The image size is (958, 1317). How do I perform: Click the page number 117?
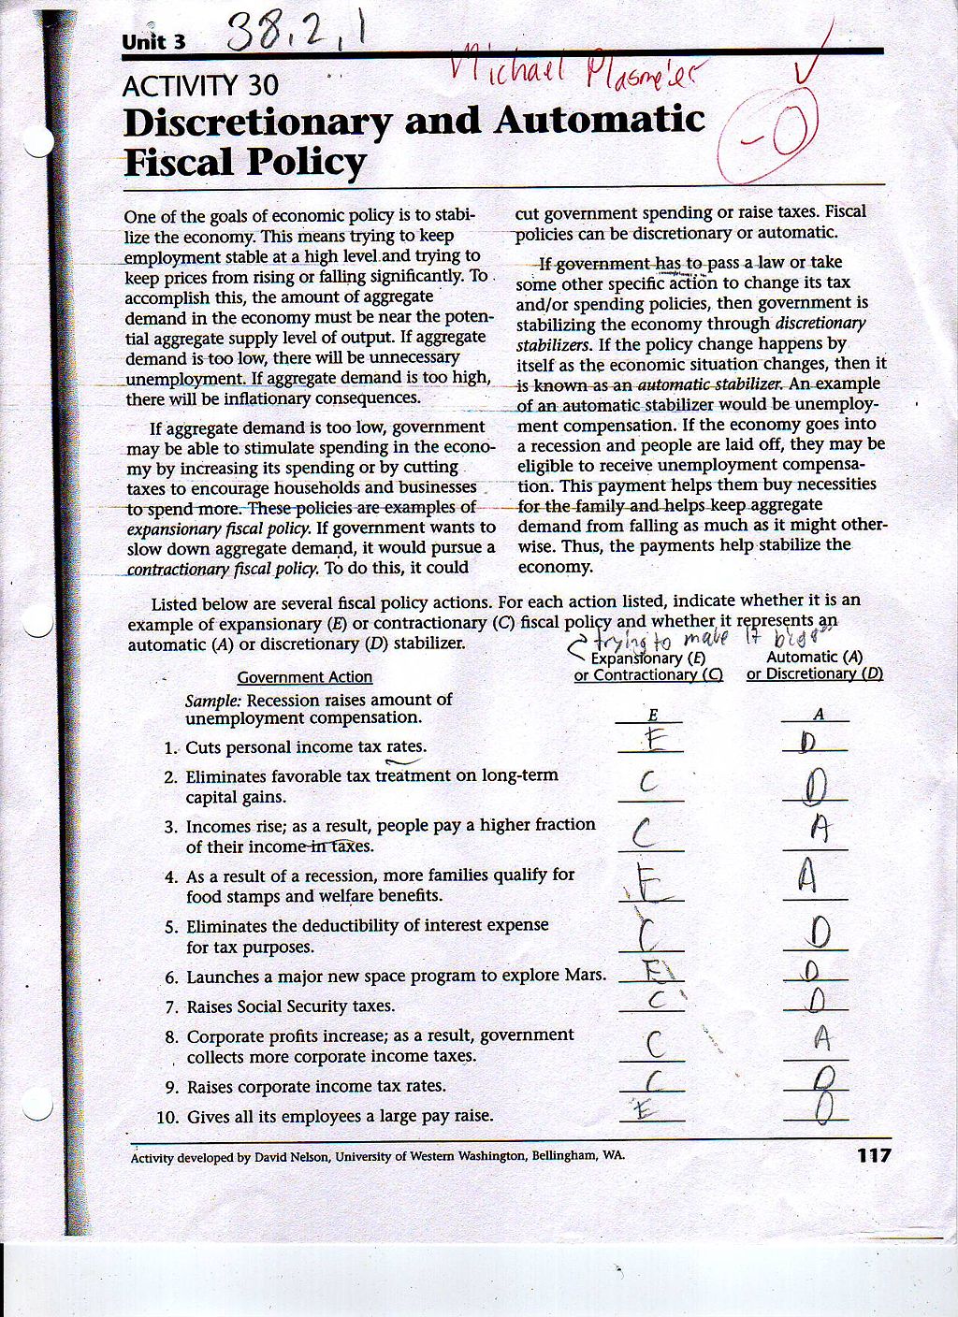[x=874, y=1155]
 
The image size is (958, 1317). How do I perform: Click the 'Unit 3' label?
[x=153, y=42]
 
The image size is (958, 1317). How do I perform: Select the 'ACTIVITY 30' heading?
[x=200, y=86]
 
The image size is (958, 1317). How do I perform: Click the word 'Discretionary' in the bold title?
[x=257, y=122]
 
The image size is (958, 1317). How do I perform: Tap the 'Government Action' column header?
[x=304, y=677]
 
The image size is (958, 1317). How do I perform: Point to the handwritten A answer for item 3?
[x=820, y=828]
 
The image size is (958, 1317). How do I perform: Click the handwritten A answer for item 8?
[x=821, y=1036]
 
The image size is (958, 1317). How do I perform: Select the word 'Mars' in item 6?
[x=584, y=976]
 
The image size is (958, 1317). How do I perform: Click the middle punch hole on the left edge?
[x=38, y=623]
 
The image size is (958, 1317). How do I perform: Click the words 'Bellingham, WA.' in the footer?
[x=578, y=1155]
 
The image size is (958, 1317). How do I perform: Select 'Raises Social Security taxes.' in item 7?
[x=290, y=1006]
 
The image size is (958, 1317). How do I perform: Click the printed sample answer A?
[x=819, y=714]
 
